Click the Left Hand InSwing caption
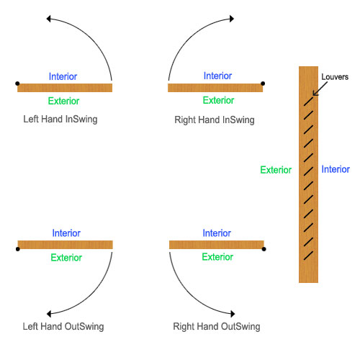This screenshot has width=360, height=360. (x=63, y=120)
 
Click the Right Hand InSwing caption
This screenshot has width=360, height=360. (x=215, y=120)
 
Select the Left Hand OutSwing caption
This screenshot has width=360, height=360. (x=63, y=326)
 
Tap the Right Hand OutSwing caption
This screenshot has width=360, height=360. (x=217, y=326)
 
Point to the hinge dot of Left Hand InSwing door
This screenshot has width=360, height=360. (x=17, y=84)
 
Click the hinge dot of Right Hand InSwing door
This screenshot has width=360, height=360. (x=264, y=84)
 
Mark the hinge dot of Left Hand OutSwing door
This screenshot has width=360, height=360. (x=17, y=249)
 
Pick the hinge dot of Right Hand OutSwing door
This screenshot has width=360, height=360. (x=264, y=249)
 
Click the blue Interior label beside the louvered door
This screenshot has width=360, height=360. (x=336, y=170)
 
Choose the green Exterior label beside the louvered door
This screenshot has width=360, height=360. (x=276, y=171)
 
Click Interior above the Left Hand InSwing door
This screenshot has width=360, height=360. (x=63, y=76)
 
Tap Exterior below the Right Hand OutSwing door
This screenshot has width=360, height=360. (x=217, y=257)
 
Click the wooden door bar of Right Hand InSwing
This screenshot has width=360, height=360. (x=215, y=88)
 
